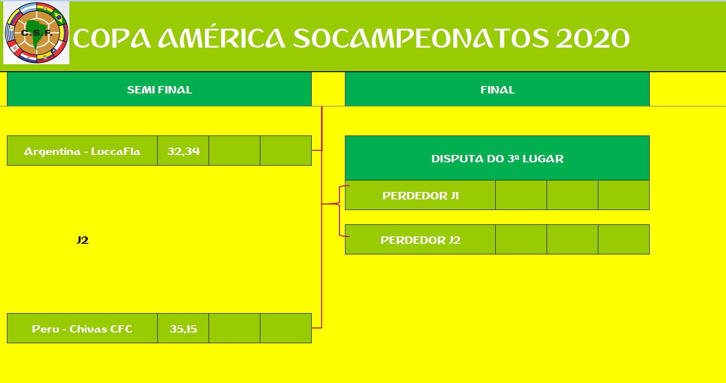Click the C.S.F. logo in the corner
(36, 33)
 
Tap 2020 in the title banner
(593, 38)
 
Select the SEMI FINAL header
(159, 90)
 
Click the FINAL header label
(497, 90)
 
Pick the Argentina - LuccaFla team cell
(82, 151)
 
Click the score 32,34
(183, 151)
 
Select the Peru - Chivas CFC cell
(82, 328)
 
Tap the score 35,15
(183, 328)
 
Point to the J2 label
(83, 241)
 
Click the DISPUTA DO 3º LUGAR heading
(497, 158)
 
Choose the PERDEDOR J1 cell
(420, 195)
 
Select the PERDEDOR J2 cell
(420, 240)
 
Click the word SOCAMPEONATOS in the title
(421, 38)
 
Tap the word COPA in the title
(112, 38)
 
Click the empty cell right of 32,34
(234, 151)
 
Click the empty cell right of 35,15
(234, 328)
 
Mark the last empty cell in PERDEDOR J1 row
(624, 195)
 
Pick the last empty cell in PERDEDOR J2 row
(624, 240)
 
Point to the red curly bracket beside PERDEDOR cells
(339, 211)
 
